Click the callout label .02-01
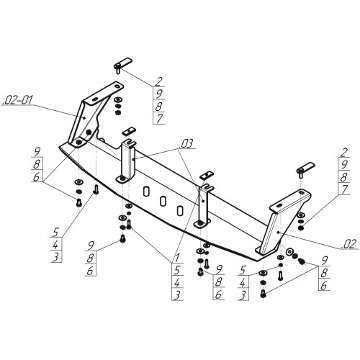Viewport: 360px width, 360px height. click(x=17, y=100)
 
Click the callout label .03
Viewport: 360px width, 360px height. click(x=186, y=144)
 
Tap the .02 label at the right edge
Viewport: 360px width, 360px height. click(x=348, y=244)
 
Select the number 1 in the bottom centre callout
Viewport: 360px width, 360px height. click(x=176, y=258)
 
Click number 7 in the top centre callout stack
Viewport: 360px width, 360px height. click(x=159, y=118)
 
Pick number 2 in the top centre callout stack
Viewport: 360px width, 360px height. click(x=158, y=81)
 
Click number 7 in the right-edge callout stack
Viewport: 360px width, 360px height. click(x=344, y=189)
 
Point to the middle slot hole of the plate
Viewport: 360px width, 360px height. click(x=163, y=201)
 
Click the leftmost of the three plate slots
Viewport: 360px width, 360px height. click(x=146, y=192)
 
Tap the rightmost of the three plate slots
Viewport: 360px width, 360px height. click(x=179, y=210)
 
